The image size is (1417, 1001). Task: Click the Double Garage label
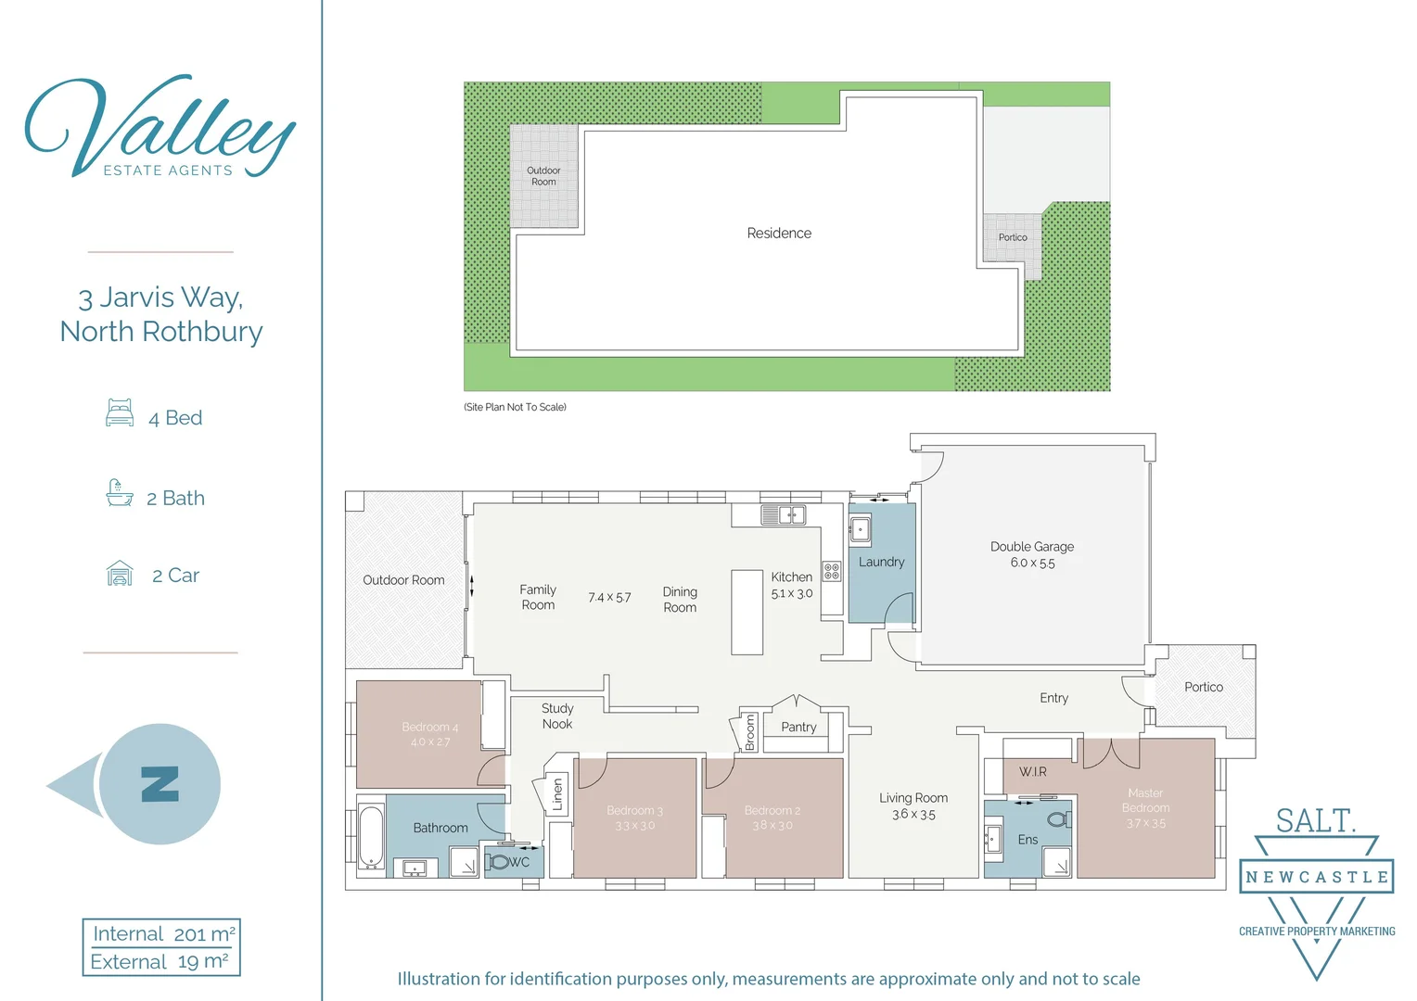[1031, 547]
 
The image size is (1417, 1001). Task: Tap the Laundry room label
[881, 562]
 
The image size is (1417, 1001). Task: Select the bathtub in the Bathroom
[371, 837]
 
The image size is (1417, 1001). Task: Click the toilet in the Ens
[1057, 819]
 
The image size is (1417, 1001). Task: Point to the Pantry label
[798, 728]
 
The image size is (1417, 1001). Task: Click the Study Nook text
[557, 716]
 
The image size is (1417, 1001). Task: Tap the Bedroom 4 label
[430, 728]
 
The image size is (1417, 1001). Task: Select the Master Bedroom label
[1145, 800]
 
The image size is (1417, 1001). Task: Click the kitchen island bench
[747, 612]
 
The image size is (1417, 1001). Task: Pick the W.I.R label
[1032, 772]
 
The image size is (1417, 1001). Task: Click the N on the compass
[160, 784]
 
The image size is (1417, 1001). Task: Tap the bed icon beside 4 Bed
[120, 413]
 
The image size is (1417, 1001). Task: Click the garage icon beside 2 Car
[120, 574]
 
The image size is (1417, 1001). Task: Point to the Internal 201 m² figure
[162, 934]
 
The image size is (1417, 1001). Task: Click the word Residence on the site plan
[779, 234]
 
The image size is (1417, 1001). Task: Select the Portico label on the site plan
[1013, 237]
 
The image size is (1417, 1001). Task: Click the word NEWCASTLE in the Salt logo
[1317, 877]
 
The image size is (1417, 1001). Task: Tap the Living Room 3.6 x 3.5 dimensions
[913, 815]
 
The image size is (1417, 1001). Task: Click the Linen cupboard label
[558, 795]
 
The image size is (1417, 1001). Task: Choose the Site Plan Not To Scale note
[515, 407]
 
